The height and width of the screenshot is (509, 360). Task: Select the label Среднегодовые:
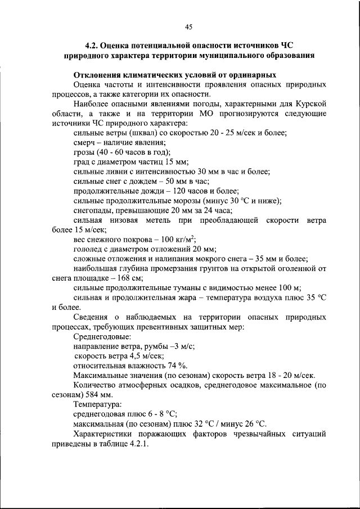point(102,336)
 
